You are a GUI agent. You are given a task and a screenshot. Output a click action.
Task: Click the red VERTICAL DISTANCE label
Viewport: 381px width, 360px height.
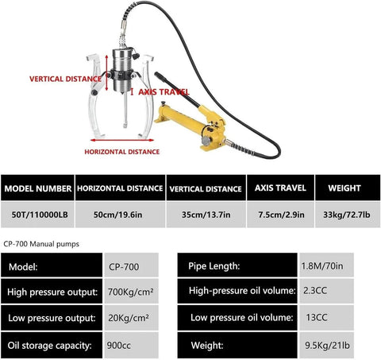pos(65,79)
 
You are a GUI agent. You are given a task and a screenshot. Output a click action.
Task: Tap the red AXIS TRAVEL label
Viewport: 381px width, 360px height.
pos(164,92)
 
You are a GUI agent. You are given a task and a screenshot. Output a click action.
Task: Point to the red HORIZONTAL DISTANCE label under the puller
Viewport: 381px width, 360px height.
pos(122,152)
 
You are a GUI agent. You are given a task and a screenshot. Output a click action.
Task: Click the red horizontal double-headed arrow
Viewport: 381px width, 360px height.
pos(122,140)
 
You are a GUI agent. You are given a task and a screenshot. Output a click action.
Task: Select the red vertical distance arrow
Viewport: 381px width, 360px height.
pos(106,73)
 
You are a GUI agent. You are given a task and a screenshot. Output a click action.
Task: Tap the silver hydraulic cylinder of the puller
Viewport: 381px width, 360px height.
pos(122,71)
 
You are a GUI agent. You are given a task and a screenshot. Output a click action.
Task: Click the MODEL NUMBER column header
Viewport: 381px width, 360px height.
pos(38,188)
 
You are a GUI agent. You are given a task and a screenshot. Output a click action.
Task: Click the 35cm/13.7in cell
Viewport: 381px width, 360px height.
pos(206,215)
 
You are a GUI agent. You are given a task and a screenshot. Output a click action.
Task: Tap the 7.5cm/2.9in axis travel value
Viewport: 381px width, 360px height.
pos(281,215)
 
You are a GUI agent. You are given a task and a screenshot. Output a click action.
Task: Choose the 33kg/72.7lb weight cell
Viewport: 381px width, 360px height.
pos(348,215)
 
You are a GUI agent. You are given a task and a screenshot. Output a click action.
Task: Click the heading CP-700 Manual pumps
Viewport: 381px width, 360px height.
pos(41,244)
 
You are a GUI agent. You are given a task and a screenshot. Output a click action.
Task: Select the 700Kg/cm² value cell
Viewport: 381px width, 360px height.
pos(132,292)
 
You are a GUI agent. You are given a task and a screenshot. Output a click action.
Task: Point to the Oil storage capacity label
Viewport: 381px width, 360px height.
pos(50,346)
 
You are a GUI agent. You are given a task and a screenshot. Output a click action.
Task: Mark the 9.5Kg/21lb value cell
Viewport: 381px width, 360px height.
pos(326,346)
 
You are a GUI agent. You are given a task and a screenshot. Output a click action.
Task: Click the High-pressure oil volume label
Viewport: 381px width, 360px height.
pos(242,291)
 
